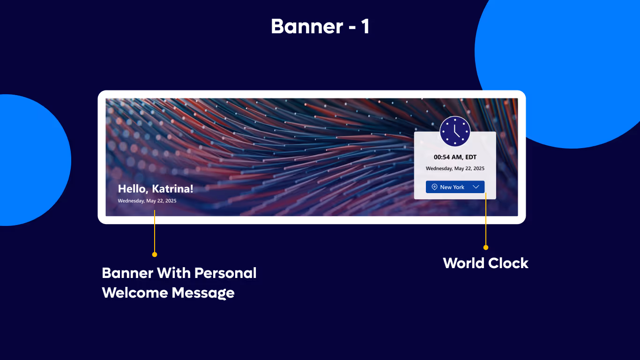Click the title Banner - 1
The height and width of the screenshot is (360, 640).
320,27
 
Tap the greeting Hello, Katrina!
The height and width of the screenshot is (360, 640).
155,189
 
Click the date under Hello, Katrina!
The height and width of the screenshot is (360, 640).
147,201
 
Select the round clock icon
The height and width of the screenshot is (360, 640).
454,132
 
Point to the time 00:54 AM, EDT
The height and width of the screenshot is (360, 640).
455,157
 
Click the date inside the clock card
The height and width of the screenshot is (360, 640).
455,168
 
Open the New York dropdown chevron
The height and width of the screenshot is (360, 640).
476,187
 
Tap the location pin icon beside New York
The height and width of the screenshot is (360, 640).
434,187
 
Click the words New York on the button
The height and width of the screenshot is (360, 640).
452,187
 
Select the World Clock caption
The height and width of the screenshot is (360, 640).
485,263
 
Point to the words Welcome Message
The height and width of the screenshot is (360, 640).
168,293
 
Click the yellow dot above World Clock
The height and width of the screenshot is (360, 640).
486,247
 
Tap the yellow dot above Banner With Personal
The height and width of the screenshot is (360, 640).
155,255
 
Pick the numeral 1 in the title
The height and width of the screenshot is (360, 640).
365,27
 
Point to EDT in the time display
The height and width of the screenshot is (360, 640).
470,157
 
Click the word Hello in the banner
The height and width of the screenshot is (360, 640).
133,189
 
